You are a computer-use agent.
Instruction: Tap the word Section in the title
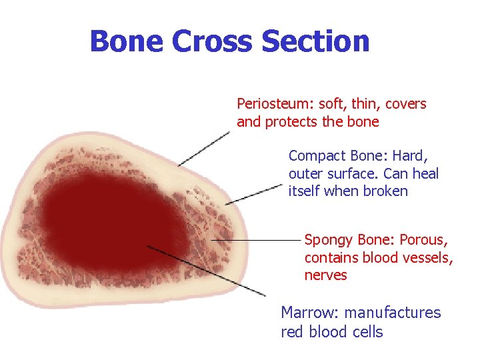[315, 41]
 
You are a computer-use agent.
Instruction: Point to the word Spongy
[329, 240]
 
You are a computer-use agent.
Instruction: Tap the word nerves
[326, 275]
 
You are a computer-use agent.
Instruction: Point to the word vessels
[429, 257]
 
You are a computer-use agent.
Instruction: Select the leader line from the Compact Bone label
[253, 194]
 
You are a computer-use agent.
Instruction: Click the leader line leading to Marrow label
[207, 271]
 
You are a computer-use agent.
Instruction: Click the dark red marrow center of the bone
[107, 220]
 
